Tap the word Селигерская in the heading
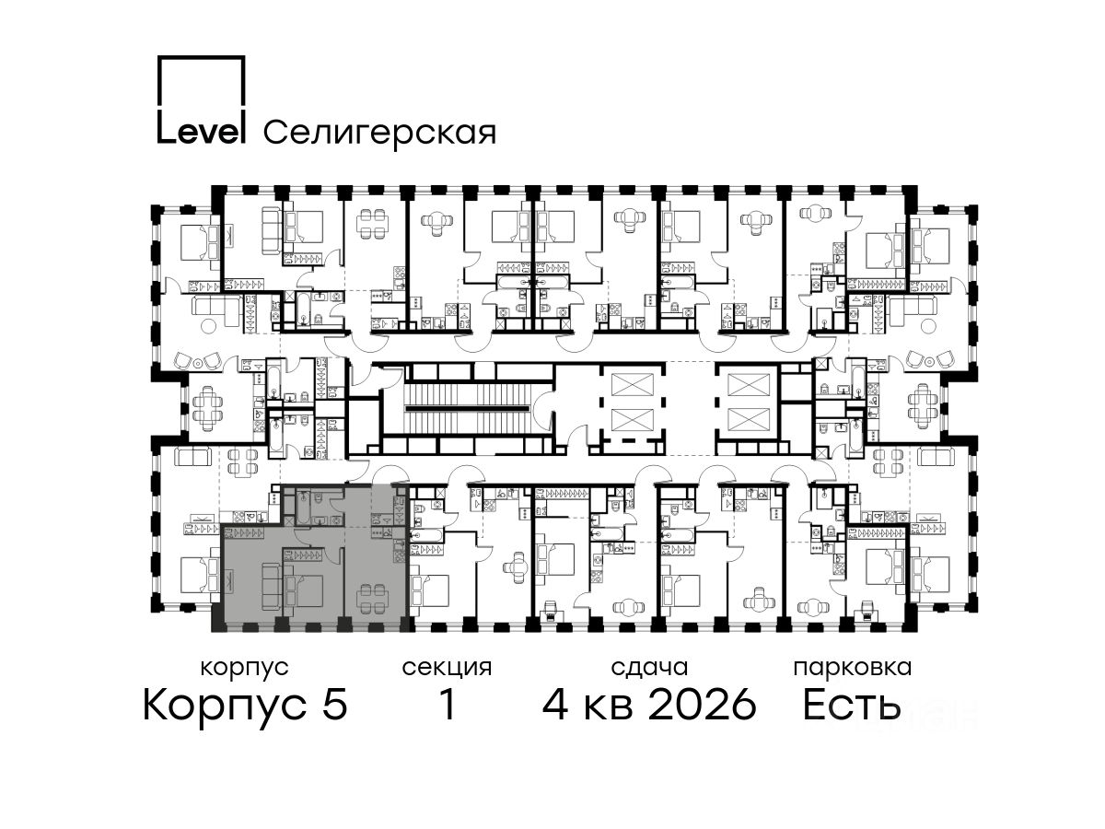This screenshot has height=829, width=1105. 379,133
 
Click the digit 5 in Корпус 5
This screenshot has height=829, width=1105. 335,704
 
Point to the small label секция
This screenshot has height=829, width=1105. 447,669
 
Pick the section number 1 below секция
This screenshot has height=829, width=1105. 448,704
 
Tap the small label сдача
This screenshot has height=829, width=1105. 649,669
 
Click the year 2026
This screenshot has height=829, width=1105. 703,704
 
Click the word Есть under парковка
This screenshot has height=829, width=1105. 851,704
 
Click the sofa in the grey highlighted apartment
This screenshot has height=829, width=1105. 272,586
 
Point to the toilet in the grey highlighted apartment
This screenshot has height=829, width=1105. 319,497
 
